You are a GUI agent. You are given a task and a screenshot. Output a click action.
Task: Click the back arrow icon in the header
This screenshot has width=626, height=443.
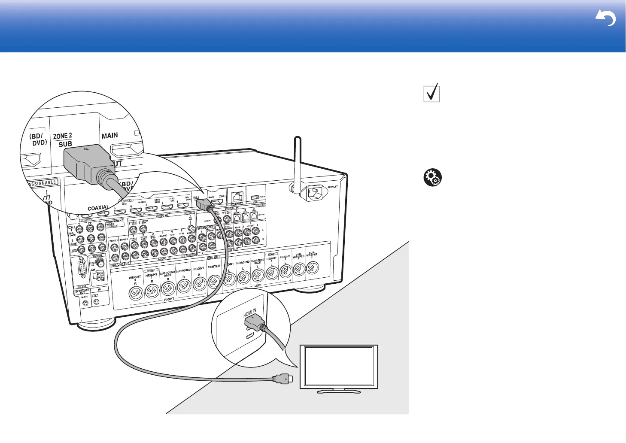click(606, 18)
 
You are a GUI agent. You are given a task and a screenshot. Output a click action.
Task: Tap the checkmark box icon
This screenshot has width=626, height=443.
click(432, 93)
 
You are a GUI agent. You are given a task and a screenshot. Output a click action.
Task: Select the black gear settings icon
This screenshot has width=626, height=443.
click(432, 178)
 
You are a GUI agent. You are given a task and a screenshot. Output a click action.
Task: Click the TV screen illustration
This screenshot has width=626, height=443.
click(339, 366)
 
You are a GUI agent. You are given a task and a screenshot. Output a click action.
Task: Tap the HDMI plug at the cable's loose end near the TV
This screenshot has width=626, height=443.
click(283, 379)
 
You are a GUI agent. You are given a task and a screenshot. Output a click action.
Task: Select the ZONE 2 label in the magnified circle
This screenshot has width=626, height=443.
click(63, 136)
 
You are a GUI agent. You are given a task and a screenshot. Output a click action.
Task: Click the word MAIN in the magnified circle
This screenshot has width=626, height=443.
click(109, 136)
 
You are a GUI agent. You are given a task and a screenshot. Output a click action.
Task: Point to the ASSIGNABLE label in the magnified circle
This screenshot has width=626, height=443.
click(43, 183)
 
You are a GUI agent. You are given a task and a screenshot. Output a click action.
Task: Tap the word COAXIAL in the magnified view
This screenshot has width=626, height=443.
click(98, 208)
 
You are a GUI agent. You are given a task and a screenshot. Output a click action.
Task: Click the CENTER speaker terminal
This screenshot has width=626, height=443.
click(214, 282)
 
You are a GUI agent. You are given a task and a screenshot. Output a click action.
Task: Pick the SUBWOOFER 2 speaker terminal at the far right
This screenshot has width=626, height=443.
click(312, 269)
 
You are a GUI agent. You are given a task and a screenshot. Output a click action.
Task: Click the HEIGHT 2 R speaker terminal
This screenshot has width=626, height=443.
click(135, 293)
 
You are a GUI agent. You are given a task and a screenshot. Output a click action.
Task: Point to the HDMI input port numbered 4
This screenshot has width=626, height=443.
click(136, 210)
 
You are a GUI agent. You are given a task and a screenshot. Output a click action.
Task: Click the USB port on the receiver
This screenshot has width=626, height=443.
click(254, 197)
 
